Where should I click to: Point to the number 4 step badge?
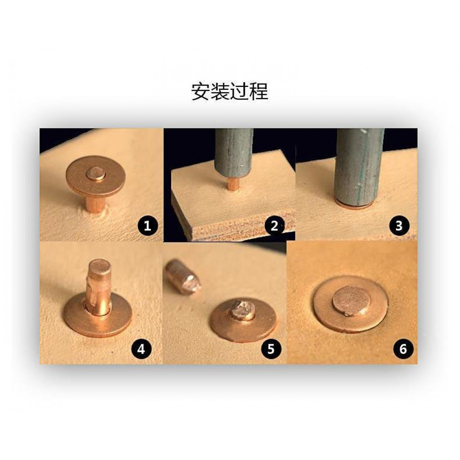(141, 349)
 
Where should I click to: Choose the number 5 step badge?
(271, 349)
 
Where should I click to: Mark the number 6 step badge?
(403, 349)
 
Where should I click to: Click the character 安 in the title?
(201, 92)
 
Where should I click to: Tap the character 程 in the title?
(259, 92)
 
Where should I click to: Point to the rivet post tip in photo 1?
(96, 173)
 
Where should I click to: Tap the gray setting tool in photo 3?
(360, 167)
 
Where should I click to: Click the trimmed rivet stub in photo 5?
(242, 310)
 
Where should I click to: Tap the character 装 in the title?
(220, 92)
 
